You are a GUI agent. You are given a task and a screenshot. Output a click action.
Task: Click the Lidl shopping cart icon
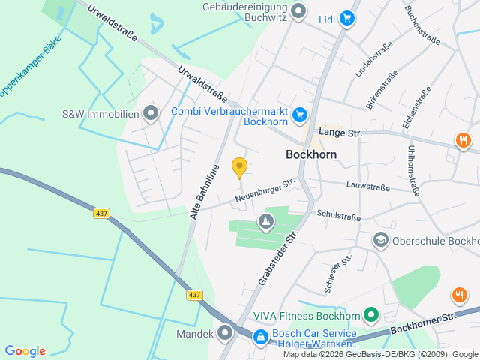(346, 18)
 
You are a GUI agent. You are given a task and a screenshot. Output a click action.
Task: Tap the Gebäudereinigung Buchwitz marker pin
(298, 11)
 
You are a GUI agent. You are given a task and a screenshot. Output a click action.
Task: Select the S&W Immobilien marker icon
(151, 114)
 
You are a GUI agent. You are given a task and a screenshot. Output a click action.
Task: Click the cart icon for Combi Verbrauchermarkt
(300, 114)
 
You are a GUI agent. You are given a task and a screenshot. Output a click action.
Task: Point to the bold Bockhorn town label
(311, 154)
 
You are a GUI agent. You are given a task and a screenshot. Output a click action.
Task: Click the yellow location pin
(239, 167)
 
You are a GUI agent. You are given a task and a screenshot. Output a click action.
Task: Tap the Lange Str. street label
(340, 133)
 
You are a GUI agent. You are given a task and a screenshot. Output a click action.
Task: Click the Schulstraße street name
(338, 214)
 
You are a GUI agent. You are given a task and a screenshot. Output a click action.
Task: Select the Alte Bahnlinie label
(204, 192)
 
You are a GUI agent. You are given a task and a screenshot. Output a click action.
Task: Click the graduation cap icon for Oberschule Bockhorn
(381, 240)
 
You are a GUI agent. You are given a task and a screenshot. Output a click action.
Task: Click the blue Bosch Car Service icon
(260, 337)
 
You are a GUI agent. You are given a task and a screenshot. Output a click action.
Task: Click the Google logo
(25, 351)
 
